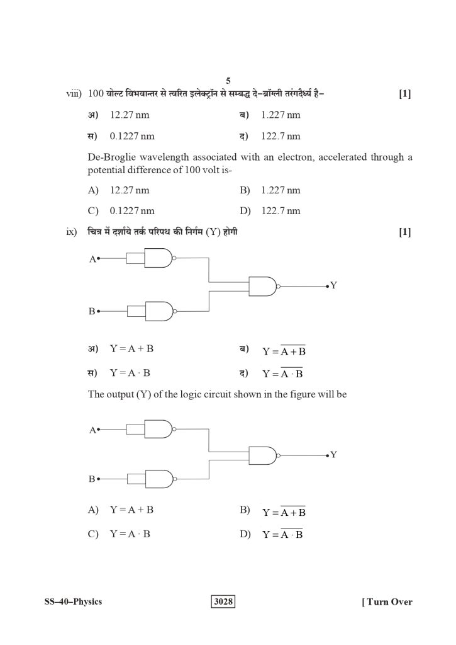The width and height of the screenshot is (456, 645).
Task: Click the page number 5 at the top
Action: pyautogui.click(x=228, y=81)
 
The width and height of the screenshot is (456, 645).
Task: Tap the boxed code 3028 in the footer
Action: pyautogui.click(x=223, y=602)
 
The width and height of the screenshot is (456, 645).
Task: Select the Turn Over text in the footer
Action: pyautogui.click(x=387, y=602)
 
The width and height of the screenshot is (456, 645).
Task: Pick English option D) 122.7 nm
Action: pyautogui.click(x=280, y=210)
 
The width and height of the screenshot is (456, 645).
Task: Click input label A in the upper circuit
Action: pyautogui.click(x=92, y=258)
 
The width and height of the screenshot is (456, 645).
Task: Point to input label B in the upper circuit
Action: pyautogui.click(x=92, y=311)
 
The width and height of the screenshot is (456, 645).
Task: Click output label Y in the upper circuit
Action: pyautogui.click(x=333, y=285)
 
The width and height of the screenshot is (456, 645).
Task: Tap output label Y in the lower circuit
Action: pyautogui.click(x=333, y=454)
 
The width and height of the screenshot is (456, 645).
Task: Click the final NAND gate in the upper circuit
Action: pyautogui.click(x=264, y=287)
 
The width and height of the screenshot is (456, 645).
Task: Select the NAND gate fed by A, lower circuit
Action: pyautogui.click(x=160, y=430)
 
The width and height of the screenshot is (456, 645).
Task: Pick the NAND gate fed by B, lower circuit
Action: pyautogui.click(x=160, y=480)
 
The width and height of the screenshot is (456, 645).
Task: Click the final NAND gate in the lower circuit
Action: pyautogui.click(x=264, y=455)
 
